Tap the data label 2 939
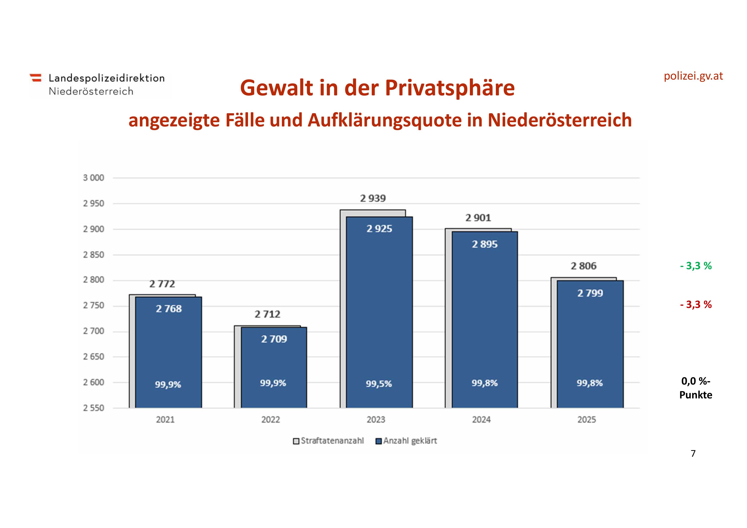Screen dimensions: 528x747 click(x=373, y=198)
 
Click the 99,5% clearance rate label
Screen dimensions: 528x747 click(x=379, y=384)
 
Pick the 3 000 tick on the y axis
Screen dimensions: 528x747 click(x=94, y=178)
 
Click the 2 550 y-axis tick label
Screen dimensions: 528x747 click(x=94, y=408)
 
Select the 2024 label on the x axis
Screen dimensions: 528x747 click(x=481, y=420)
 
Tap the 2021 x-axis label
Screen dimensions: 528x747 click(x=165, y=420)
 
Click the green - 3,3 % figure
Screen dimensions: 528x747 click(x=696, y=266)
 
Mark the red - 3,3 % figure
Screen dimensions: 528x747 click(x=696, y=305)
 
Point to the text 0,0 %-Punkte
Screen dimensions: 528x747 click(x=696, y=388)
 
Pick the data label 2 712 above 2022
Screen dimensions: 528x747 click(x=267, y=314)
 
